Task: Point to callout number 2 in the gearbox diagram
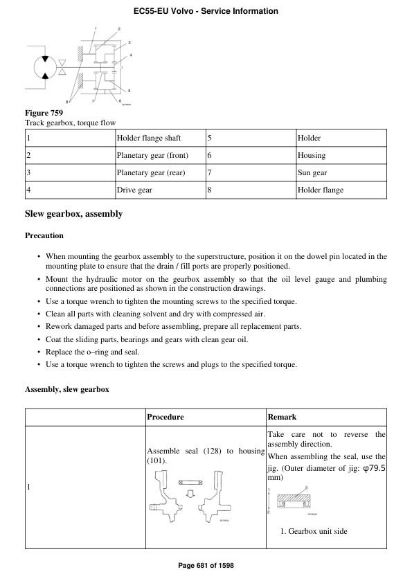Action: [118, 29]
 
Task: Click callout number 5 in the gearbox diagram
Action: [129, 91]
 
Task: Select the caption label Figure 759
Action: [44, 113]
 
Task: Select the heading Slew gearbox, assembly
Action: [73, 214]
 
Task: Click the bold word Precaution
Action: [44, 235]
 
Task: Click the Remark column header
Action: [282, 417]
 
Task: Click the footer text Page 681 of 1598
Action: [206, 566]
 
